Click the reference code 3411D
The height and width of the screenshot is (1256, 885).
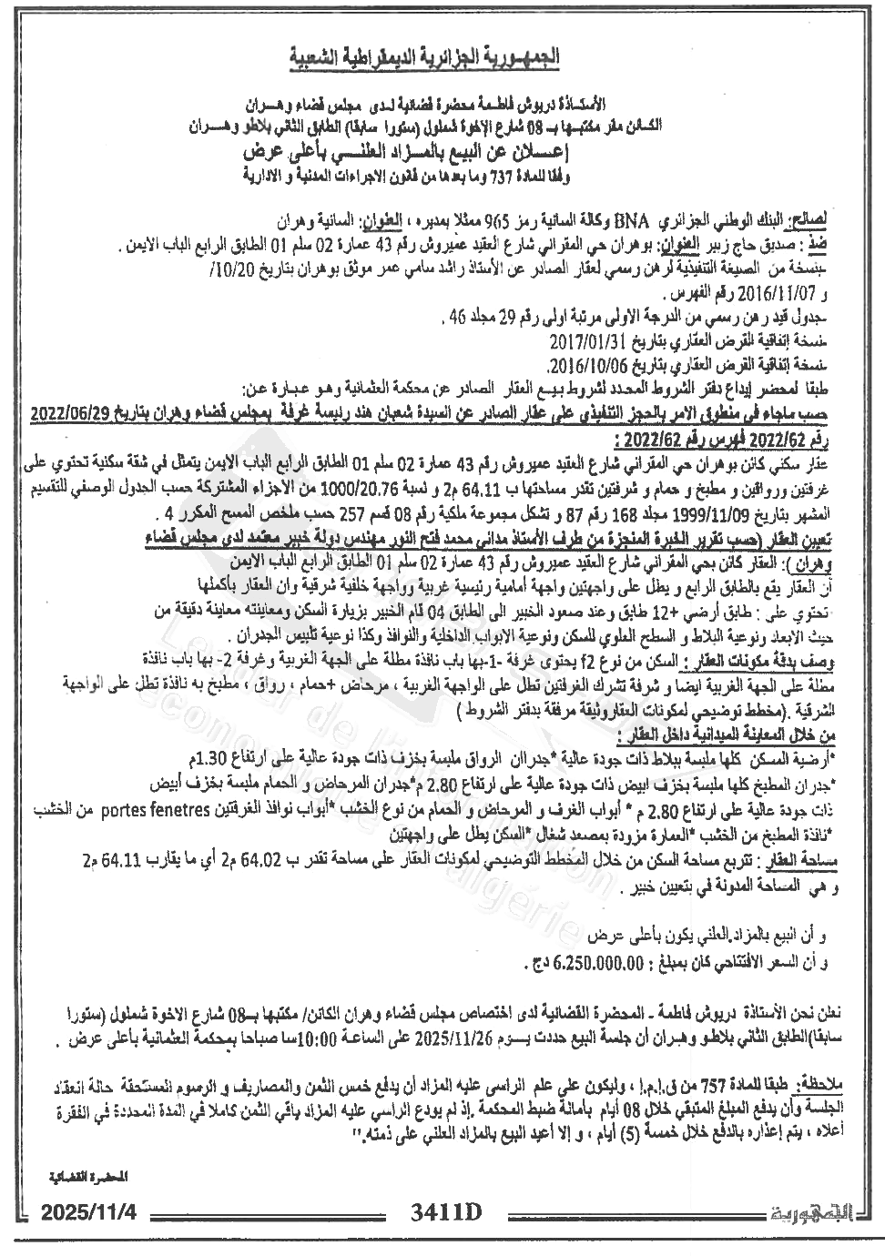[x=444, y=1213]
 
